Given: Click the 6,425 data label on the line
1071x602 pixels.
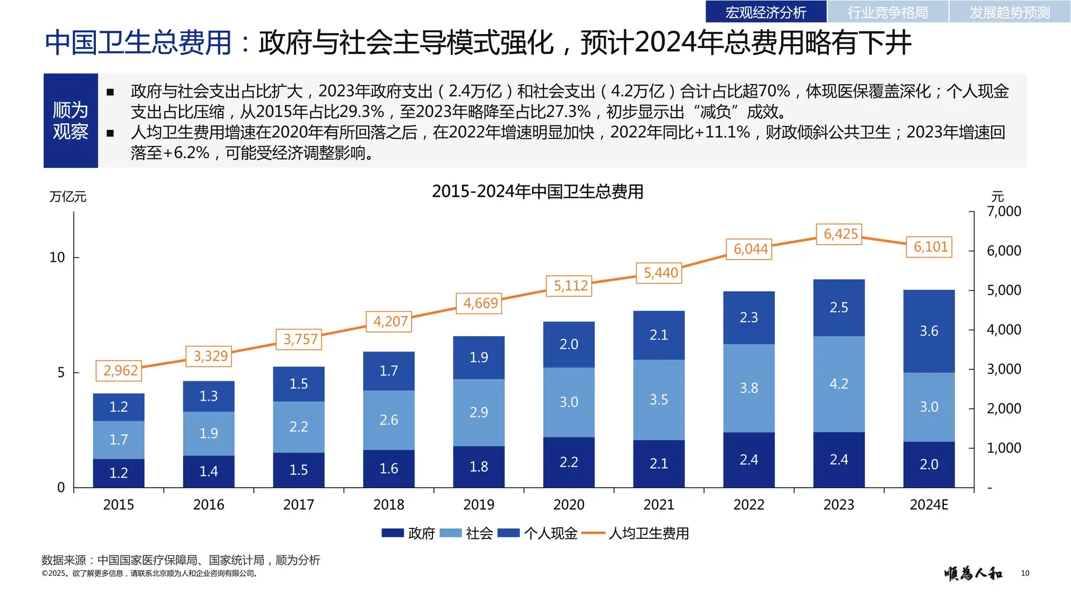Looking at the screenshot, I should click(840, 234).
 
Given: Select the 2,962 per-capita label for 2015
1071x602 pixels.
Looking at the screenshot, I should click(119, 371).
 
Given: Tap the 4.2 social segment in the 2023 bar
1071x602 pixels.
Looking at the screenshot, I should click(838, 384).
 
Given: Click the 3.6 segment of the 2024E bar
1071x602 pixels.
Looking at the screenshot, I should click(929, 331).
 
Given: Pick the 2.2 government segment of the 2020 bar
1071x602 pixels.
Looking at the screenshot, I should click(568, 462).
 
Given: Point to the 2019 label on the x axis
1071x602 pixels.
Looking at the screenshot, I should click(479, 504).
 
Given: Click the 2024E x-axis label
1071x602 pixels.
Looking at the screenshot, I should click(929, 504).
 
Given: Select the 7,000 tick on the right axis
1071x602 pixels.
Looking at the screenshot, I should click(1004, 212).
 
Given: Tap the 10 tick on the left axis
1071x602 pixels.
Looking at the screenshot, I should click(57, 258).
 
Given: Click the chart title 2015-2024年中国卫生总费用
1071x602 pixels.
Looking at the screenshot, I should click(537, 192).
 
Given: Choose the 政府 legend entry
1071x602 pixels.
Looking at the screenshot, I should click(409, 533).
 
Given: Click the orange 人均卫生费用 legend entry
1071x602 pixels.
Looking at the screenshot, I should click(636, 533).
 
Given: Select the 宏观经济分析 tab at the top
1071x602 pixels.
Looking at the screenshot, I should click(765, 12).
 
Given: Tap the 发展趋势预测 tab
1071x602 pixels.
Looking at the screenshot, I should click(1009, 12).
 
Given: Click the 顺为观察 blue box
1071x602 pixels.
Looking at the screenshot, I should click(71, 121).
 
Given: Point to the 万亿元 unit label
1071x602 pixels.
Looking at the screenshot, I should click(67, 197).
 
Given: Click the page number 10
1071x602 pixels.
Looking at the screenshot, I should click(1025, 573).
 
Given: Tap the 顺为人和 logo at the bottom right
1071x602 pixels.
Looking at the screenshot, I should click(973, 573).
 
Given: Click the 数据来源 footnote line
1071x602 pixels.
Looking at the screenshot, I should click(181, 560).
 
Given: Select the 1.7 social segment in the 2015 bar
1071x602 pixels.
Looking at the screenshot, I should click(118, 440).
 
